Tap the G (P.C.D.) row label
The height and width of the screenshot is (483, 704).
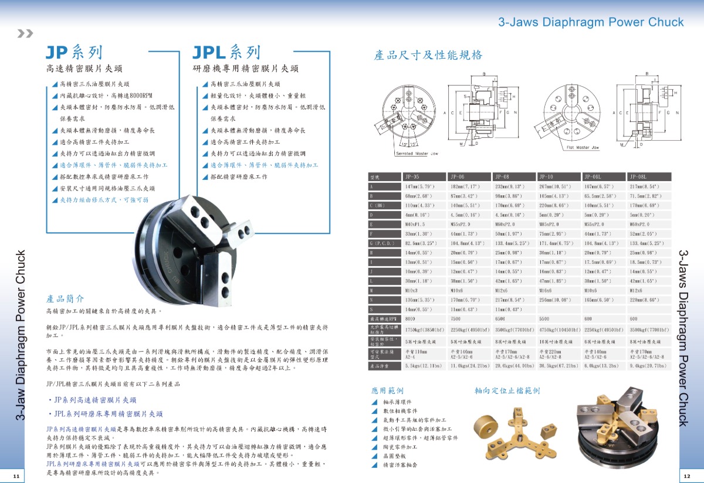[x=383, y=243]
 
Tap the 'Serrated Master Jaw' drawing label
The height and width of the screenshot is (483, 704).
[x=418, y=154]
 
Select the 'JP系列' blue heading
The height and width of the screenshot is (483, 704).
[x=74, y=53]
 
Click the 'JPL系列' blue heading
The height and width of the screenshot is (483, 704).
[x=226, y=53]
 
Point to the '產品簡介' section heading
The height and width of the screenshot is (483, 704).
[x=65, y=298]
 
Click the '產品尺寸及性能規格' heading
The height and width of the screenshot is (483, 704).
[x=428, y=55]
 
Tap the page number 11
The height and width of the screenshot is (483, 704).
[x=15, y=474]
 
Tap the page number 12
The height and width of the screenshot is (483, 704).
[x=686, y=474]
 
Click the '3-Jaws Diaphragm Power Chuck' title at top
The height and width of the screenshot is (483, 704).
[x=590, y=22]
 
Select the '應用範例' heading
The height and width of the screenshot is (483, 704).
[x=387, y=390]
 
